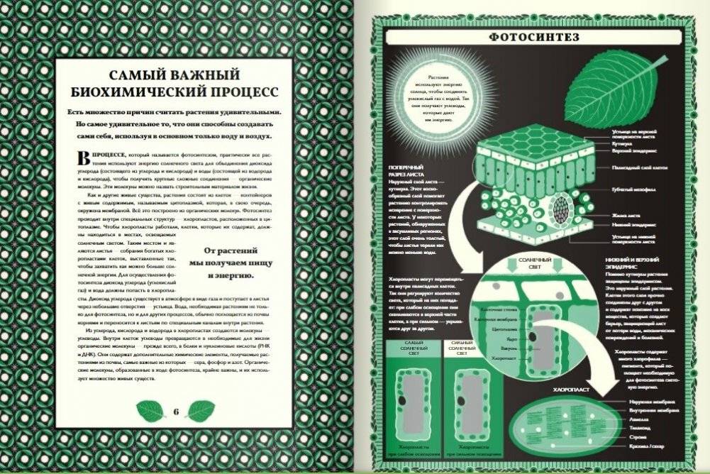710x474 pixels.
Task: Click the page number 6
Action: coord(175,411)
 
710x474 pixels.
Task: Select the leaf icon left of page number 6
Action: coord(150,410)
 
